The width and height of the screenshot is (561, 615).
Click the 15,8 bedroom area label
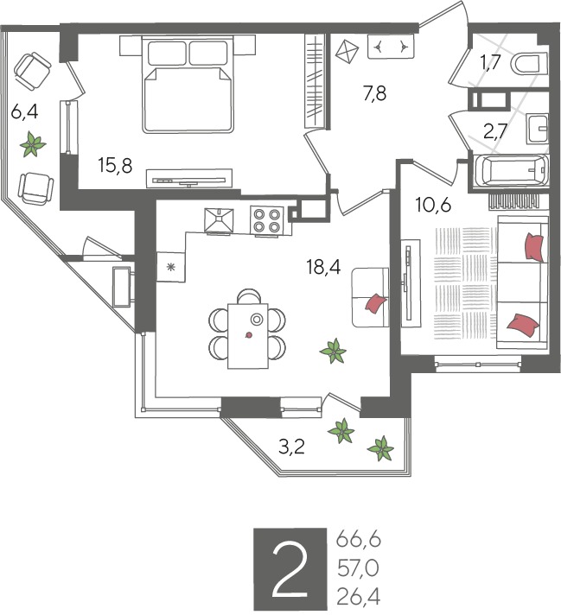point(116,166)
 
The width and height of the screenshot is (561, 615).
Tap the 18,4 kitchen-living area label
point(324,268)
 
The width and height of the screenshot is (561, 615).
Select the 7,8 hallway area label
point(375,94)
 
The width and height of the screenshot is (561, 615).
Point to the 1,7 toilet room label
point(490,62)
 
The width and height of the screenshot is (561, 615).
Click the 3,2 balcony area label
point(291,447)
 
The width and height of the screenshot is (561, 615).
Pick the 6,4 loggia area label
point(24,112)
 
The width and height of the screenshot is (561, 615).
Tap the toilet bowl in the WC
point(529,64)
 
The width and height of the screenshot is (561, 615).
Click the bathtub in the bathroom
point(511,171)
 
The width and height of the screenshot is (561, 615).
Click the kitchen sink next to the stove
point(219,220)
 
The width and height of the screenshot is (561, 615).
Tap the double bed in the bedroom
point(188,85)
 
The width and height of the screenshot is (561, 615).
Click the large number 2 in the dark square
point(290,568)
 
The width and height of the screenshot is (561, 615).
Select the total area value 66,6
point(359,541)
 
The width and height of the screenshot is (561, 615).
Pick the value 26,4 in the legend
point(359,598)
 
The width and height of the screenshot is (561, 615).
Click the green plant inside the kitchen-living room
point(334,350)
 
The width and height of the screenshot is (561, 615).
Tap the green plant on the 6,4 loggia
point(33,144)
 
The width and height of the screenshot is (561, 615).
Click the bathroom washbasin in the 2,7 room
point(537,128)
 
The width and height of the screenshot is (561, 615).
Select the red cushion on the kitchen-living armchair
point(376,303)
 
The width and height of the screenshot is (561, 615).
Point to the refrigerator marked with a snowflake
point(171,267)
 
